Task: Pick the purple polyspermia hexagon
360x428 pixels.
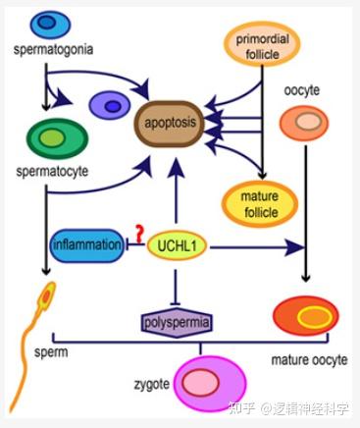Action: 177,320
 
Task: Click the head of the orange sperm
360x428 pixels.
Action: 47,294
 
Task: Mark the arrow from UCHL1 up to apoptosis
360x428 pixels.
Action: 176,196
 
